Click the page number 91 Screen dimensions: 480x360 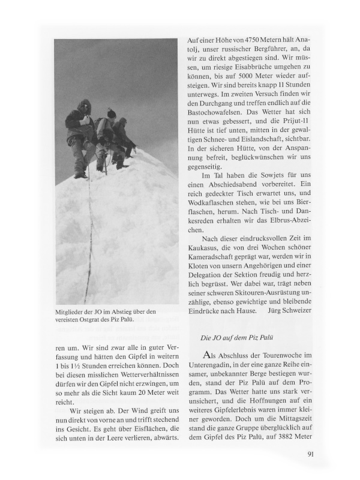pos(310,453)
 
